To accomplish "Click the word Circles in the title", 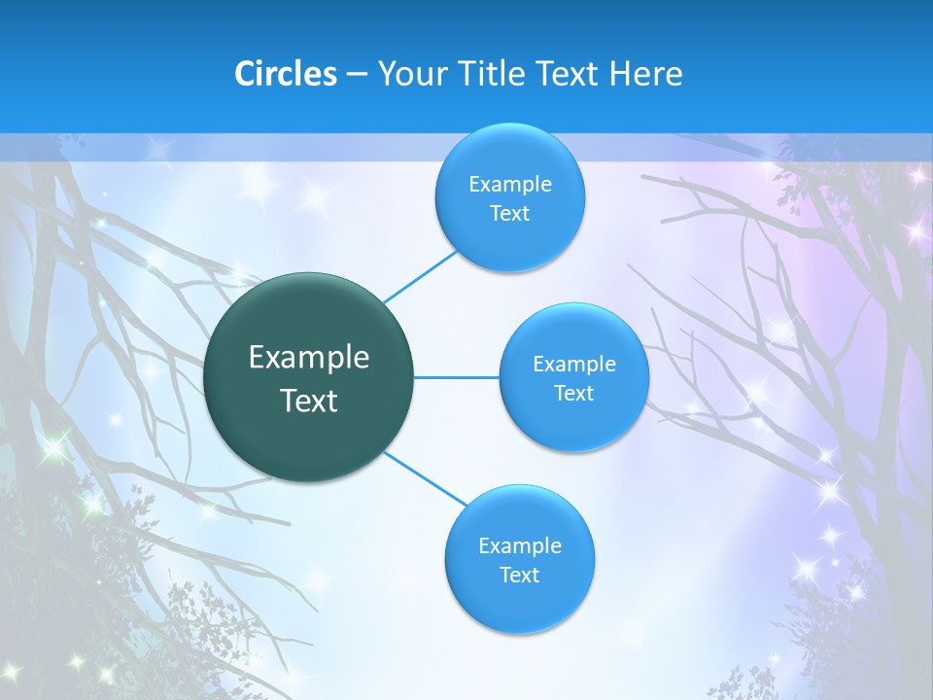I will pyautogui.click(x=285, y=74).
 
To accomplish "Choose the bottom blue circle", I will pyautogui.click(x=519, y=603).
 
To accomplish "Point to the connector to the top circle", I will pyautogui.click(x=420, y=275).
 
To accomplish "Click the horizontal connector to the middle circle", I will pyautogui.click(x=457, y=377).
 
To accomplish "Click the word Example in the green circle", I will pyautogui.click(x=309, y=358).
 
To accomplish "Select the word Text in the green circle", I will pyautogui.click(x=309, y=401).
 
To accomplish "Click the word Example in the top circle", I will pyautogui.click(x=509, y=185).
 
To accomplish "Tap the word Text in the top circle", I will pyautogui.click(x=509, y=214).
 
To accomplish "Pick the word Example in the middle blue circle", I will pyautogui.click(x=573, y=365).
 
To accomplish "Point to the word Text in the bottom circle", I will pyautogui.click(x=519, y=576).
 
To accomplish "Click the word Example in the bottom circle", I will pyautogui.click(x=519, y=546).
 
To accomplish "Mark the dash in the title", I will pyautogui.click(x=357, y=74).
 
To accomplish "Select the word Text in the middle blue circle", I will pyautogui.click(x=573, y=394).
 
